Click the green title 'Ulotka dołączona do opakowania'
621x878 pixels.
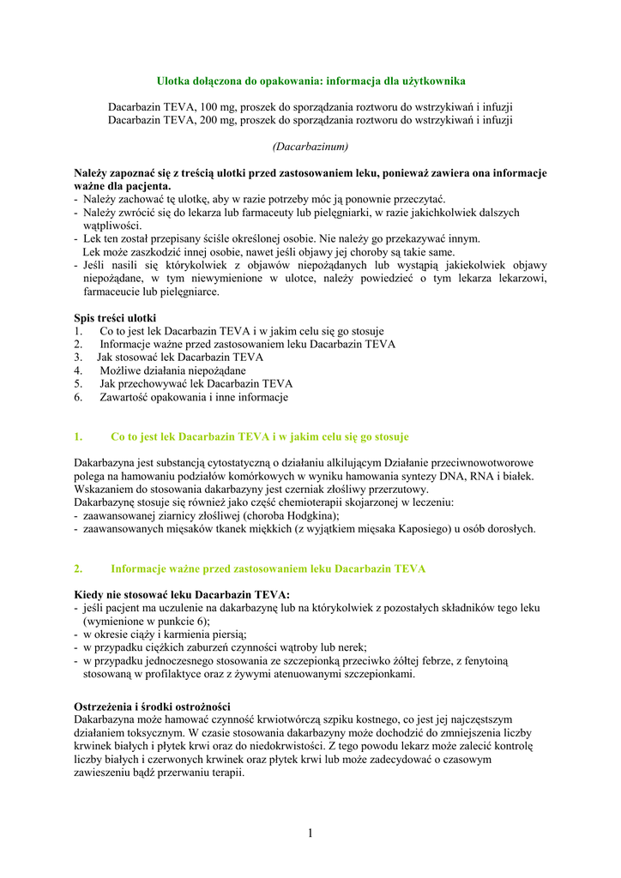[310, 81]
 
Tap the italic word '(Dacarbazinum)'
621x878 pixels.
[310, 147]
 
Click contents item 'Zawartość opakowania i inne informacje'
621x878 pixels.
[194, 397]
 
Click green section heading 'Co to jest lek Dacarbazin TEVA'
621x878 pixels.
[260, 436]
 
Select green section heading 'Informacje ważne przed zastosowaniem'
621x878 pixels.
[268, 568]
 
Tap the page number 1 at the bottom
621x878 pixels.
[310, 833]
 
